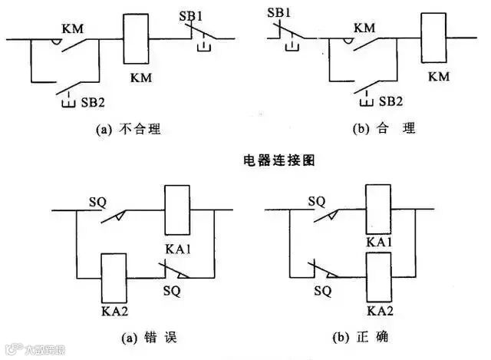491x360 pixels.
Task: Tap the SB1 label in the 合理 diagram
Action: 279,13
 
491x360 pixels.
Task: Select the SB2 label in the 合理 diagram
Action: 390,101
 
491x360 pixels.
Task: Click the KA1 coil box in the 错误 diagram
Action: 177,210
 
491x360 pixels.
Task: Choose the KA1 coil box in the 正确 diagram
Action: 380,210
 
